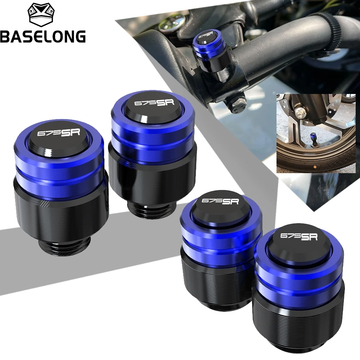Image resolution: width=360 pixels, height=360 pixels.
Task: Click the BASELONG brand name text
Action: click(43, 36)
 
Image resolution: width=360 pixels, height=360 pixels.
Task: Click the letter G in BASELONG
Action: click(80, 36)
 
